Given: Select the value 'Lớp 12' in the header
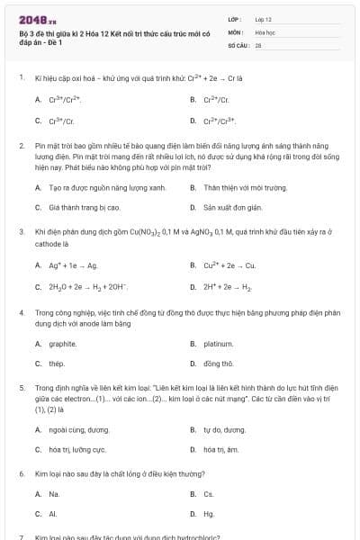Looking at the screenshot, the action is click(264, 18).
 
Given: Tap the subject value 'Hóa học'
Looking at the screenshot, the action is click(265, 31).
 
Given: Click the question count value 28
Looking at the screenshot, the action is click(258, 43).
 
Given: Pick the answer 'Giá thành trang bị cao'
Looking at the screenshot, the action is click(85, 207).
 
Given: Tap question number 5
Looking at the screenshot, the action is click(21, 386).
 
